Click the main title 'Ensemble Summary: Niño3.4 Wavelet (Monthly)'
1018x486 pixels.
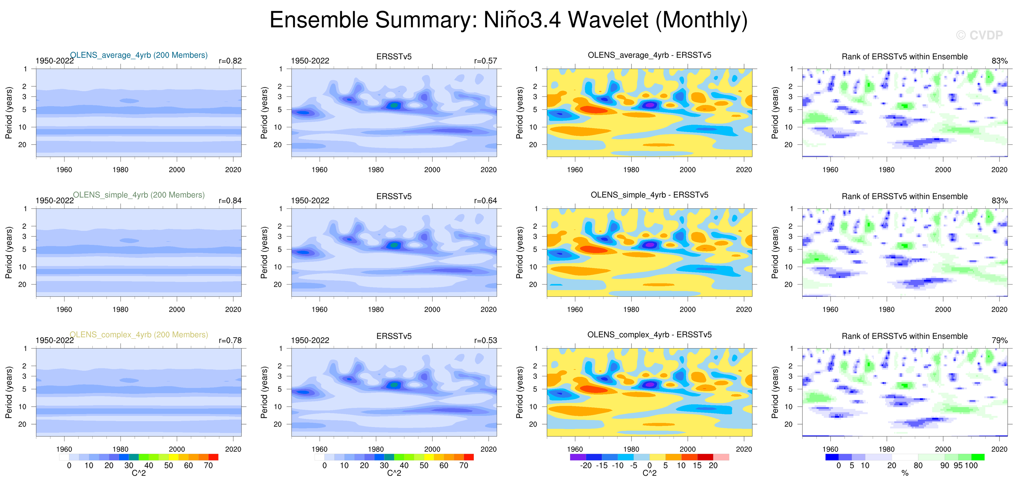(508, 20)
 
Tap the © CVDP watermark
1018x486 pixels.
(979, 36)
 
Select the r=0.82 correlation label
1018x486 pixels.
(230, 61)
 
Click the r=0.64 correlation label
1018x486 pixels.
(485, 200)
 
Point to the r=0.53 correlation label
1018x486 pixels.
(485, 340)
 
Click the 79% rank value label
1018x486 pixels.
(1000, 340)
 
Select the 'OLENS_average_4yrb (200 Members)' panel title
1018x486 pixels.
(139, 55)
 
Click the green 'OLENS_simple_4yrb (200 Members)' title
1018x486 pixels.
(139, 195)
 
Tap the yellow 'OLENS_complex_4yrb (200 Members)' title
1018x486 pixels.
(139, 335)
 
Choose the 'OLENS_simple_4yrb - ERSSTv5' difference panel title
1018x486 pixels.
(649, 195)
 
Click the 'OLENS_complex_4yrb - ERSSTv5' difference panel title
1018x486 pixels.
(649, 335)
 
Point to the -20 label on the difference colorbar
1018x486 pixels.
(586, 466)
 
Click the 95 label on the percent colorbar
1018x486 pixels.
(958, 466)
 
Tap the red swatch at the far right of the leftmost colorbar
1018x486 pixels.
(213, 457)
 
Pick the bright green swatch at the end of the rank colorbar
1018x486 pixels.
(978, 457)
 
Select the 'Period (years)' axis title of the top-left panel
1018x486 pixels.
(9, 113)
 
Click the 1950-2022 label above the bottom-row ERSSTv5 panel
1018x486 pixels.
(310, 340)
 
